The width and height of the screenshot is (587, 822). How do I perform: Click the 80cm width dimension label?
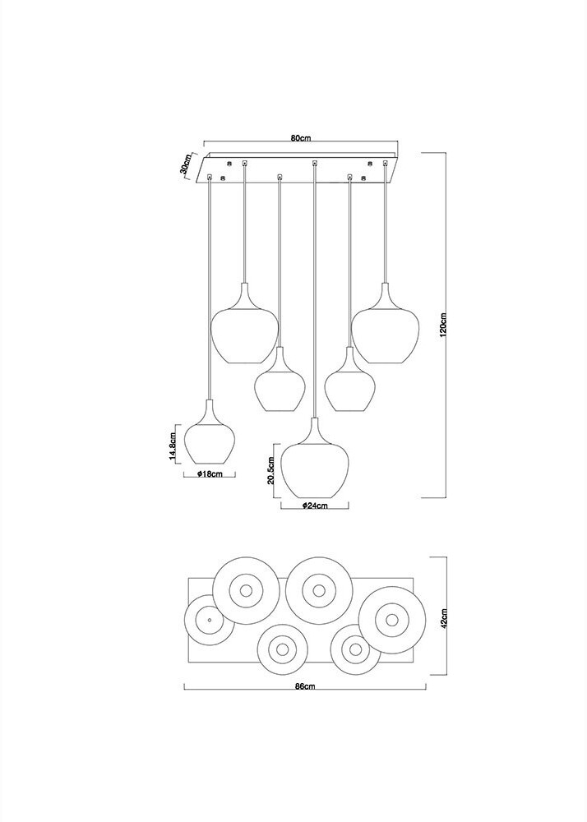pos(301,138)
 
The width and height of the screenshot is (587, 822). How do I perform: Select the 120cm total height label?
pos(443,325)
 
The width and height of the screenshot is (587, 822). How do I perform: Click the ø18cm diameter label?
pos(210,474)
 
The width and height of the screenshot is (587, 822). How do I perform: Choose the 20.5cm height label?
pos(270,470)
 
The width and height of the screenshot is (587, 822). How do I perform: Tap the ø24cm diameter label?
pos(315,506)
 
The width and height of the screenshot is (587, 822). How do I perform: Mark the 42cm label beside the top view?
pos(443,618)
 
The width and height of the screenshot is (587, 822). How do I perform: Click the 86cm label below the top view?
pos(305,686)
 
